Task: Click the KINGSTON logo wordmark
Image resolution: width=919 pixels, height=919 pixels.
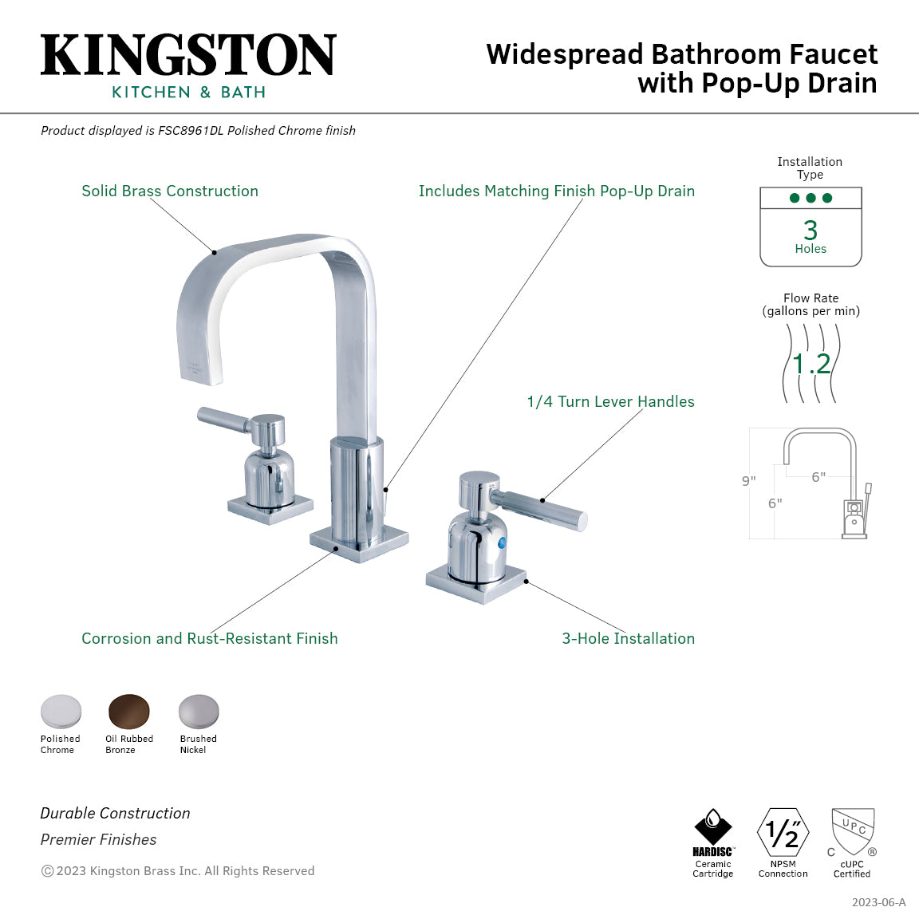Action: tap(188, 55)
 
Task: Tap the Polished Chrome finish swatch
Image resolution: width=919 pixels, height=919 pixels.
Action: tap(61, 711)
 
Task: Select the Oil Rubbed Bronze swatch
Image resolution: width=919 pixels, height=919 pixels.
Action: tap(129, 711)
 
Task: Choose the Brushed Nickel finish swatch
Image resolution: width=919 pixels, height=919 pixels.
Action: tap(198, 711)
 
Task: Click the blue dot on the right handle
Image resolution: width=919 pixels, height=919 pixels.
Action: tap(502, 544)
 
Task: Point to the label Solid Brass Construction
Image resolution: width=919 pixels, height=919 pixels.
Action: tap(170, 191)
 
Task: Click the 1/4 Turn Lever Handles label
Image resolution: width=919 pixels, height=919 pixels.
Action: tap(610, 402)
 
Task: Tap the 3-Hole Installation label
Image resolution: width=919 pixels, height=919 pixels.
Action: tap(628, 639)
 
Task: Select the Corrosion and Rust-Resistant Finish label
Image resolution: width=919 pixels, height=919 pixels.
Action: tap(209, 639)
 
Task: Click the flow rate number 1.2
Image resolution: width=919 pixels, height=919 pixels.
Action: tap(811, 365)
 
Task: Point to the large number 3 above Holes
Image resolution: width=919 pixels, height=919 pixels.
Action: tap(811, 231)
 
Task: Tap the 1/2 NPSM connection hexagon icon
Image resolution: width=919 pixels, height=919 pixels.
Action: tap(783, 833)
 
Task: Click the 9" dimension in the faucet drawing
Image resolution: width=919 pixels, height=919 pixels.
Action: tap(748, 481)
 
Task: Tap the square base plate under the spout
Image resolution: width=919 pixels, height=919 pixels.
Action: tap(359, 542)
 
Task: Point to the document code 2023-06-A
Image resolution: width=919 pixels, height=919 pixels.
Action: tap(878, 902)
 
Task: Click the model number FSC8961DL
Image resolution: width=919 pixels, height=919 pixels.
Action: tap(191, 131)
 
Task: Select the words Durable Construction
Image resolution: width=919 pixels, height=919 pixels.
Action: tap(116, 814)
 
